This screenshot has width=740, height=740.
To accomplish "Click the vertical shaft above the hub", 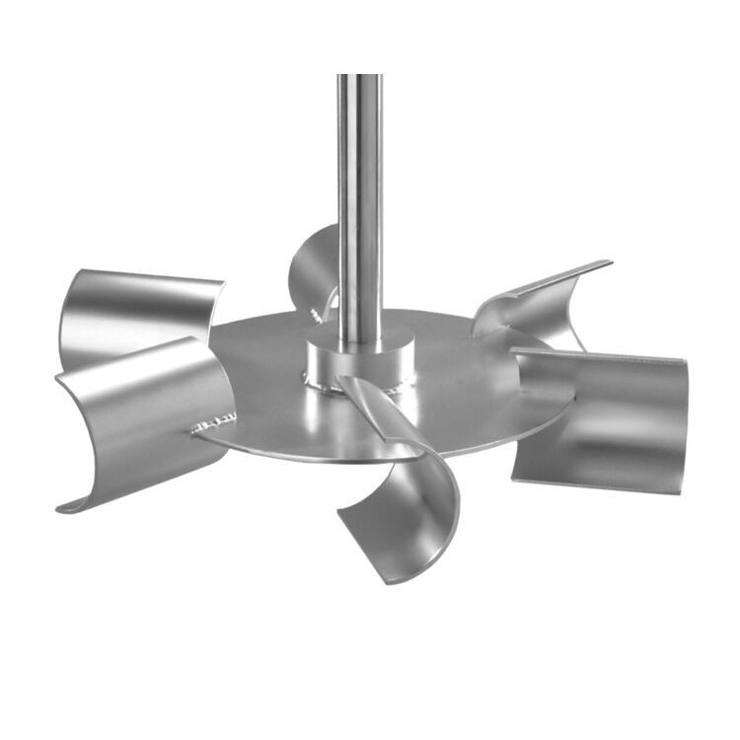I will tap(359, 197).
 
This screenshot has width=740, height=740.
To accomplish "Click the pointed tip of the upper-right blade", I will tap(610, 262).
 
